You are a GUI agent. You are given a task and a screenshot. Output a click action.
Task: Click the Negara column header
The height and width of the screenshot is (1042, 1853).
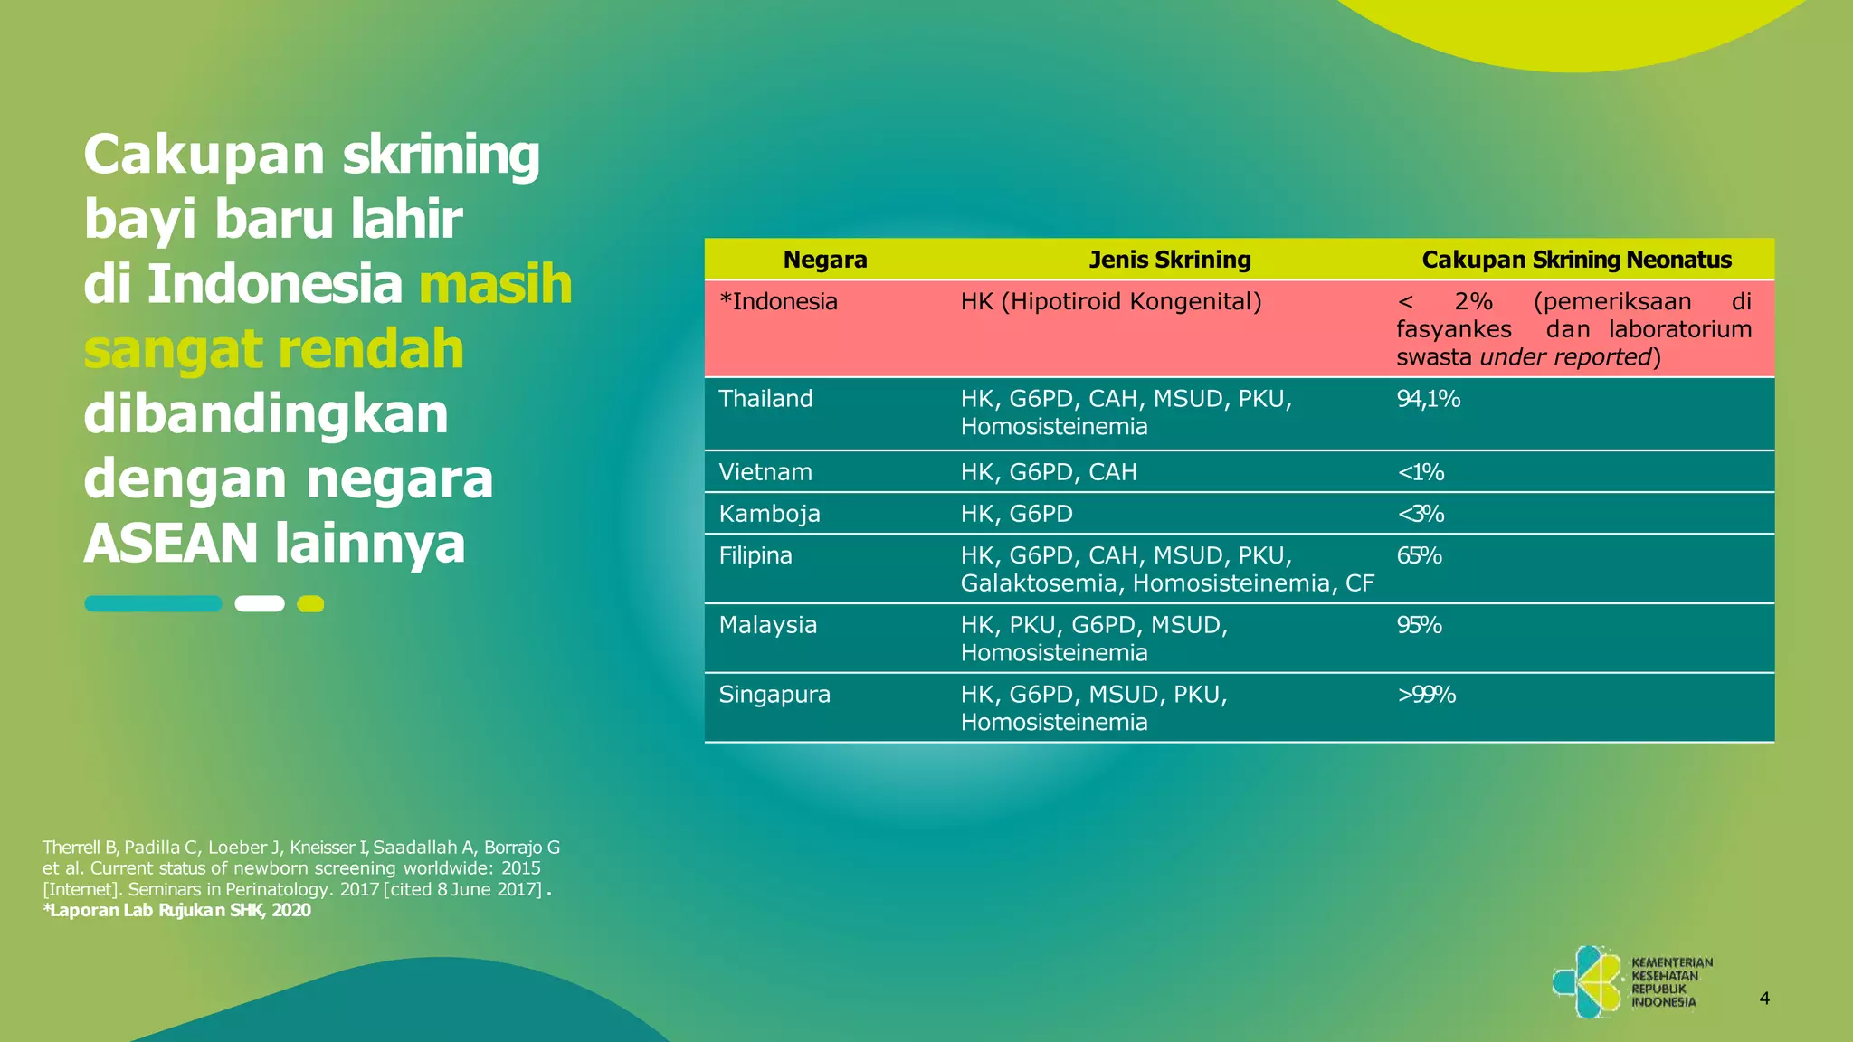(x=824, y=260)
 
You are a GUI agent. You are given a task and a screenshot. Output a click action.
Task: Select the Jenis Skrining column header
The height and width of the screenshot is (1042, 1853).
(x=1169, y=260)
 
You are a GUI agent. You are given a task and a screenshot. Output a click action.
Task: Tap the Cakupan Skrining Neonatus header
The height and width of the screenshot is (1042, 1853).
(x=1576, y=260)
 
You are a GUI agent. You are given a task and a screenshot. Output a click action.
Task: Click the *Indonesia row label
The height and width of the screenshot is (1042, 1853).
(x=778, y=301)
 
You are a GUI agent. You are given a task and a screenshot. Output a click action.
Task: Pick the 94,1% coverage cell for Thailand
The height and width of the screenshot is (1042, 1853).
(x=1428, y=399)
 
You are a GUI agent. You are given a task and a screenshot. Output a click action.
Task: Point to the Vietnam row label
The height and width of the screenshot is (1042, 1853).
(x=765, y=472)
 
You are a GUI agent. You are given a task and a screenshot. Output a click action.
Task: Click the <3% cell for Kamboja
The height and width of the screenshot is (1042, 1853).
(x=1421, y=514)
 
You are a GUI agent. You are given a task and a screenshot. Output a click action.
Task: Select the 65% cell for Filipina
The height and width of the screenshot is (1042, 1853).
(x=1419, y=555)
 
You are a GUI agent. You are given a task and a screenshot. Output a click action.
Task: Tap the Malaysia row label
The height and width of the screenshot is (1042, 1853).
(x=767, y=625)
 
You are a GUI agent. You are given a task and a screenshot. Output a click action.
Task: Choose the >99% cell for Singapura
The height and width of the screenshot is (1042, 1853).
(x=1426, y=695)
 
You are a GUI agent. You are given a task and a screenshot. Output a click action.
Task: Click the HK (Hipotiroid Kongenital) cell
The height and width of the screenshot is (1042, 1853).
(x=1111, y=301)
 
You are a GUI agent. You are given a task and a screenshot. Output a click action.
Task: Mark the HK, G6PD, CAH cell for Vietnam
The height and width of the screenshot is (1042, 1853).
(x=1048, y=472)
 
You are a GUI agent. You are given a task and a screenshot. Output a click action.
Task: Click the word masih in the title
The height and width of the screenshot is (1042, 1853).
(x=496, y=284)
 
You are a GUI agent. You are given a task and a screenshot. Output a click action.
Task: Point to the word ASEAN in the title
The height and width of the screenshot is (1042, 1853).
(x=172, y=544)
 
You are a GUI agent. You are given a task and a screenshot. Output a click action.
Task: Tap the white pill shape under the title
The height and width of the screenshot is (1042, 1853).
(x=260, y=603)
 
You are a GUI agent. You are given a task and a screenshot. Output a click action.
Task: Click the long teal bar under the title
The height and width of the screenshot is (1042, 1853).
(x=153, y=603)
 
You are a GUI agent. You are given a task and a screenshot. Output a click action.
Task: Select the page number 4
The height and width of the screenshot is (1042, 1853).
(x=1763, y=999)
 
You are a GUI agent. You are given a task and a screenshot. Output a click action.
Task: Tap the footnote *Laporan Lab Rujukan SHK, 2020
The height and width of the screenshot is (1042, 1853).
(x=176, y=910)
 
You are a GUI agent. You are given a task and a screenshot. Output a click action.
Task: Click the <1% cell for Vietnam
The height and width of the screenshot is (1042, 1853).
(x=1421, y=472)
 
